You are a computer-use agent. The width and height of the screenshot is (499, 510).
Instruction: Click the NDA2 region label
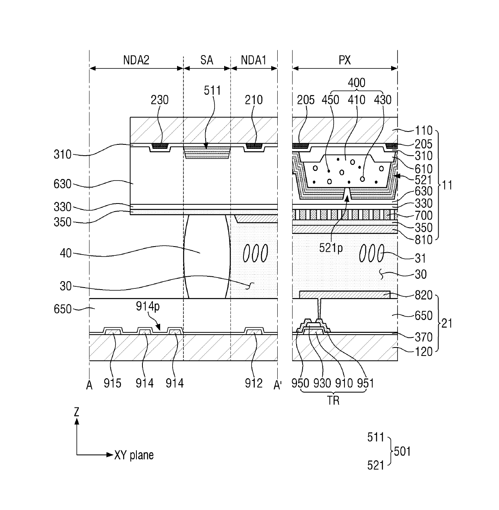coord(136,60)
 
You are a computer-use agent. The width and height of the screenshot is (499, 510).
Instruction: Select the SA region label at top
coord(206,60)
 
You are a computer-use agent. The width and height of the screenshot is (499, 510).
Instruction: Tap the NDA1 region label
coord(254,60)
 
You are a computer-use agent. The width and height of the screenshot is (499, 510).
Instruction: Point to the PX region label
coord(344,60)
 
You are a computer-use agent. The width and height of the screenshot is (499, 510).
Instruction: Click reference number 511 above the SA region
coord(212,90)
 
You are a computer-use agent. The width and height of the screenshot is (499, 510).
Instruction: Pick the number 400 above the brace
coord(357,83)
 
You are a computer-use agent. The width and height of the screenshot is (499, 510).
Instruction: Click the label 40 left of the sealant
coord(66,253)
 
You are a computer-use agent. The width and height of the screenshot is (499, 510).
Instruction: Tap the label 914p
coord(148,306)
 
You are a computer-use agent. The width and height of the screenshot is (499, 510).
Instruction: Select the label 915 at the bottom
coord(112,383)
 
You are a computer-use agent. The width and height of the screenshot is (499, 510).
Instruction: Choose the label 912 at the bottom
coord(254,383)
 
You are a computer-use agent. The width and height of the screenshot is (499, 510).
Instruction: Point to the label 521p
coord(331,248)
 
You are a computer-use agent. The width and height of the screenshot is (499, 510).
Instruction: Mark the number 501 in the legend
coord(402,451)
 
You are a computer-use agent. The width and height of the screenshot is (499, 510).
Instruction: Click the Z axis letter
coord(76,412)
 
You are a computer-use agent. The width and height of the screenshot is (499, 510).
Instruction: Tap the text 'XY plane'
coord(134,455)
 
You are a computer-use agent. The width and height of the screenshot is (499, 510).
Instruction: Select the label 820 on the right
coord(423,295)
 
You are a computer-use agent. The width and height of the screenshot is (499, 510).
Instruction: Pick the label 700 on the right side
coord(423,216)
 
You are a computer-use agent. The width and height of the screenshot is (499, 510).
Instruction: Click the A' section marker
coord(277,385)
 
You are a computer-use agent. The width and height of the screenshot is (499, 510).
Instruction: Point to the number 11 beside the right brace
coord(447,185)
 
